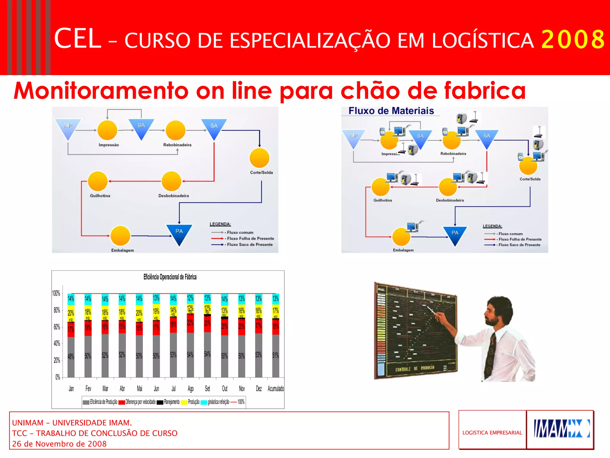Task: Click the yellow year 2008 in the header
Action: click(x=572, y=39)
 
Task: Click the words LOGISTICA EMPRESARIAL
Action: click(x=492, y=433)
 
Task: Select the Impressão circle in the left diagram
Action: click(x=108, y=130)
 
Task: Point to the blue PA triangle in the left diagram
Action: click(x=179, y=234)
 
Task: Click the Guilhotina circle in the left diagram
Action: click(x=98, y=181)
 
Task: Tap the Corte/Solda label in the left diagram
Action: click(x=261, y=172)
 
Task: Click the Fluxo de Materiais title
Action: click(x=391, y=111)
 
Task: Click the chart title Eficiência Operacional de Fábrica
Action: click(x=170, y=277)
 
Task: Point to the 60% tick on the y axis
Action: click(x=57, y=327)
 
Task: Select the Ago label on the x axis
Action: click(x=191, y=389)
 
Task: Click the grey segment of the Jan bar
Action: click(x=71, y=357)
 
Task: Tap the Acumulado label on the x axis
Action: click(x=276, y=389)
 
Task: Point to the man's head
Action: click(x=498, y=310)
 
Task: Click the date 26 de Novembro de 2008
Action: click(x=59, y=444)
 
